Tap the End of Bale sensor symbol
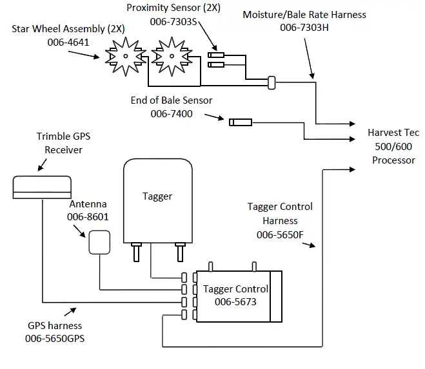(240, 120)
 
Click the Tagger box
(158, 200)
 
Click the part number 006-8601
(88, 217)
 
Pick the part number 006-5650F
(280, 235)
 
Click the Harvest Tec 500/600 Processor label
(393, 146)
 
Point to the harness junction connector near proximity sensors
(272, 82)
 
